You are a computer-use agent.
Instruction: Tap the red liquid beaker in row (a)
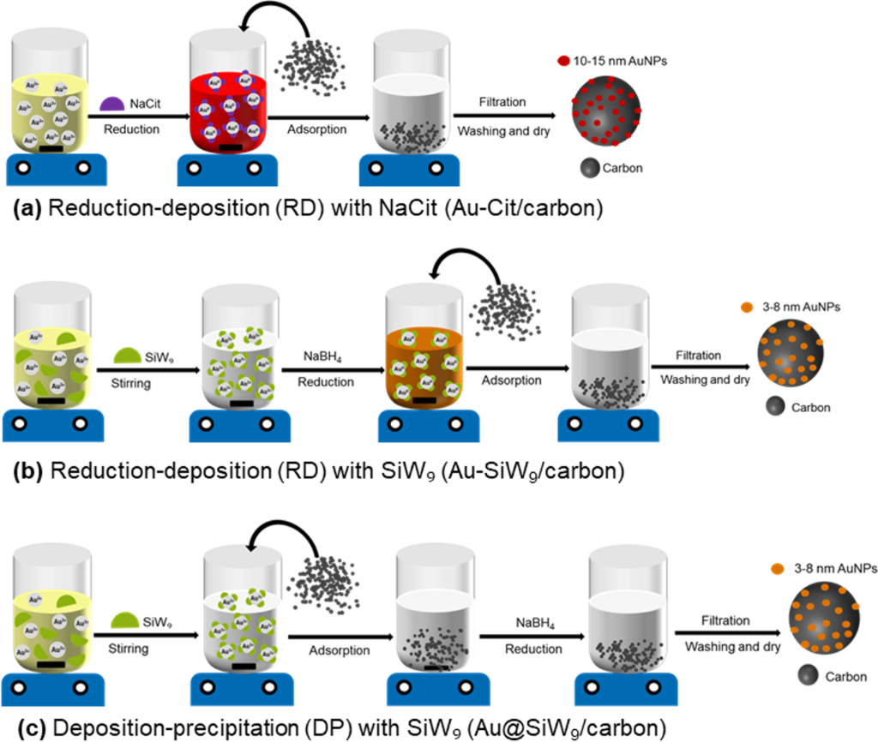(x=225, y=111)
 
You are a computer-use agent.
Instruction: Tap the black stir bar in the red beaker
(x=225, y=147)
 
